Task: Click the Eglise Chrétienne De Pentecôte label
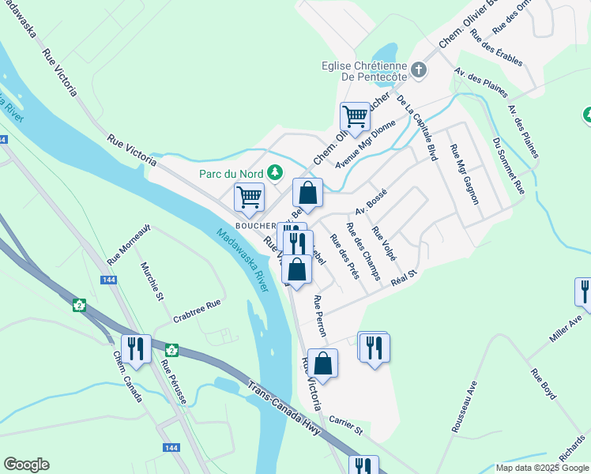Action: (x=363, y=71)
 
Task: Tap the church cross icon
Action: (x=419, y=70)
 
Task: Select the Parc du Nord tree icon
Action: (x=275, y=171)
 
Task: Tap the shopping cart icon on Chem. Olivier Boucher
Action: (x=356, y=117)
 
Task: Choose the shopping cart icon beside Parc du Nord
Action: (x=250, y=197)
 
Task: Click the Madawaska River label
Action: (x=245, y=257)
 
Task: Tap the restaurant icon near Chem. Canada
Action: (x=136, y=348)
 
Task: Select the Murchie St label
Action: (x=152, y=282)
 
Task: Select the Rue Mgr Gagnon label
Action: (x=464, y=175)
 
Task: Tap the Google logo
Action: (x=26, y=465)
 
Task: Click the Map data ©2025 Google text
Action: (x=541, y=468)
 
